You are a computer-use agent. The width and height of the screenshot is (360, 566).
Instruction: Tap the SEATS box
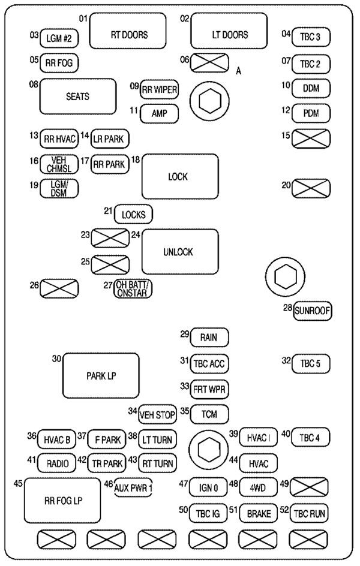[x=77, y=96]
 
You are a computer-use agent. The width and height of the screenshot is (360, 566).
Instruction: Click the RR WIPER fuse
[x=159, y=90]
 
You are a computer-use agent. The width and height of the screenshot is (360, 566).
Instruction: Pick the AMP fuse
[x=159, y=113]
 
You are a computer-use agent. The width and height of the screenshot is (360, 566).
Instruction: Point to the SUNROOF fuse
[x=312, y=311]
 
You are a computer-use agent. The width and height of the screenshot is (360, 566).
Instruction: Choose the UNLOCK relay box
[x=179, y=252]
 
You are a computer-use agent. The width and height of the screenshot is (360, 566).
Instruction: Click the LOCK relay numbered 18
[x=179, y=177]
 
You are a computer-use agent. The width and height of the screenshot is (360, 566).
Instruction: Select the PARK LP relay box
[x=101, y=376]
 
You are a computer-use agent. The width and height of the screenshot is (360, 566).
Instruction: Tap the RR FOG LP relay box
[x=62, y=501]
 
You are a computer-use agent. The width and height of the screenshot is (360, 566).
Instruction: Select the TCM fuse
[x=209, y=414]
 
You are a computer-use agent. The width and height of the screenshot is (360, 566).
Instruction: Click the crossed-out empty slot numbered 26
[x=59, y=288]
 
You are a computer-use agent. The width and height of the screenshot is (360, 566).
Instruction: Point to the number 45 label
[x=19, y=483]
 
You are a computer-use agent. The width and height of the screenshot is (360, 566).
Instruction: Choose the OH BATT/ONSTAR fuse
[x=133, y=289]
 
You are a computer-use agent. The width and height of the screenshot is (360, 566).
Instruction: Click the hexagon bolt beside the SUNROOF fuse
[x=283, y=277]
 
